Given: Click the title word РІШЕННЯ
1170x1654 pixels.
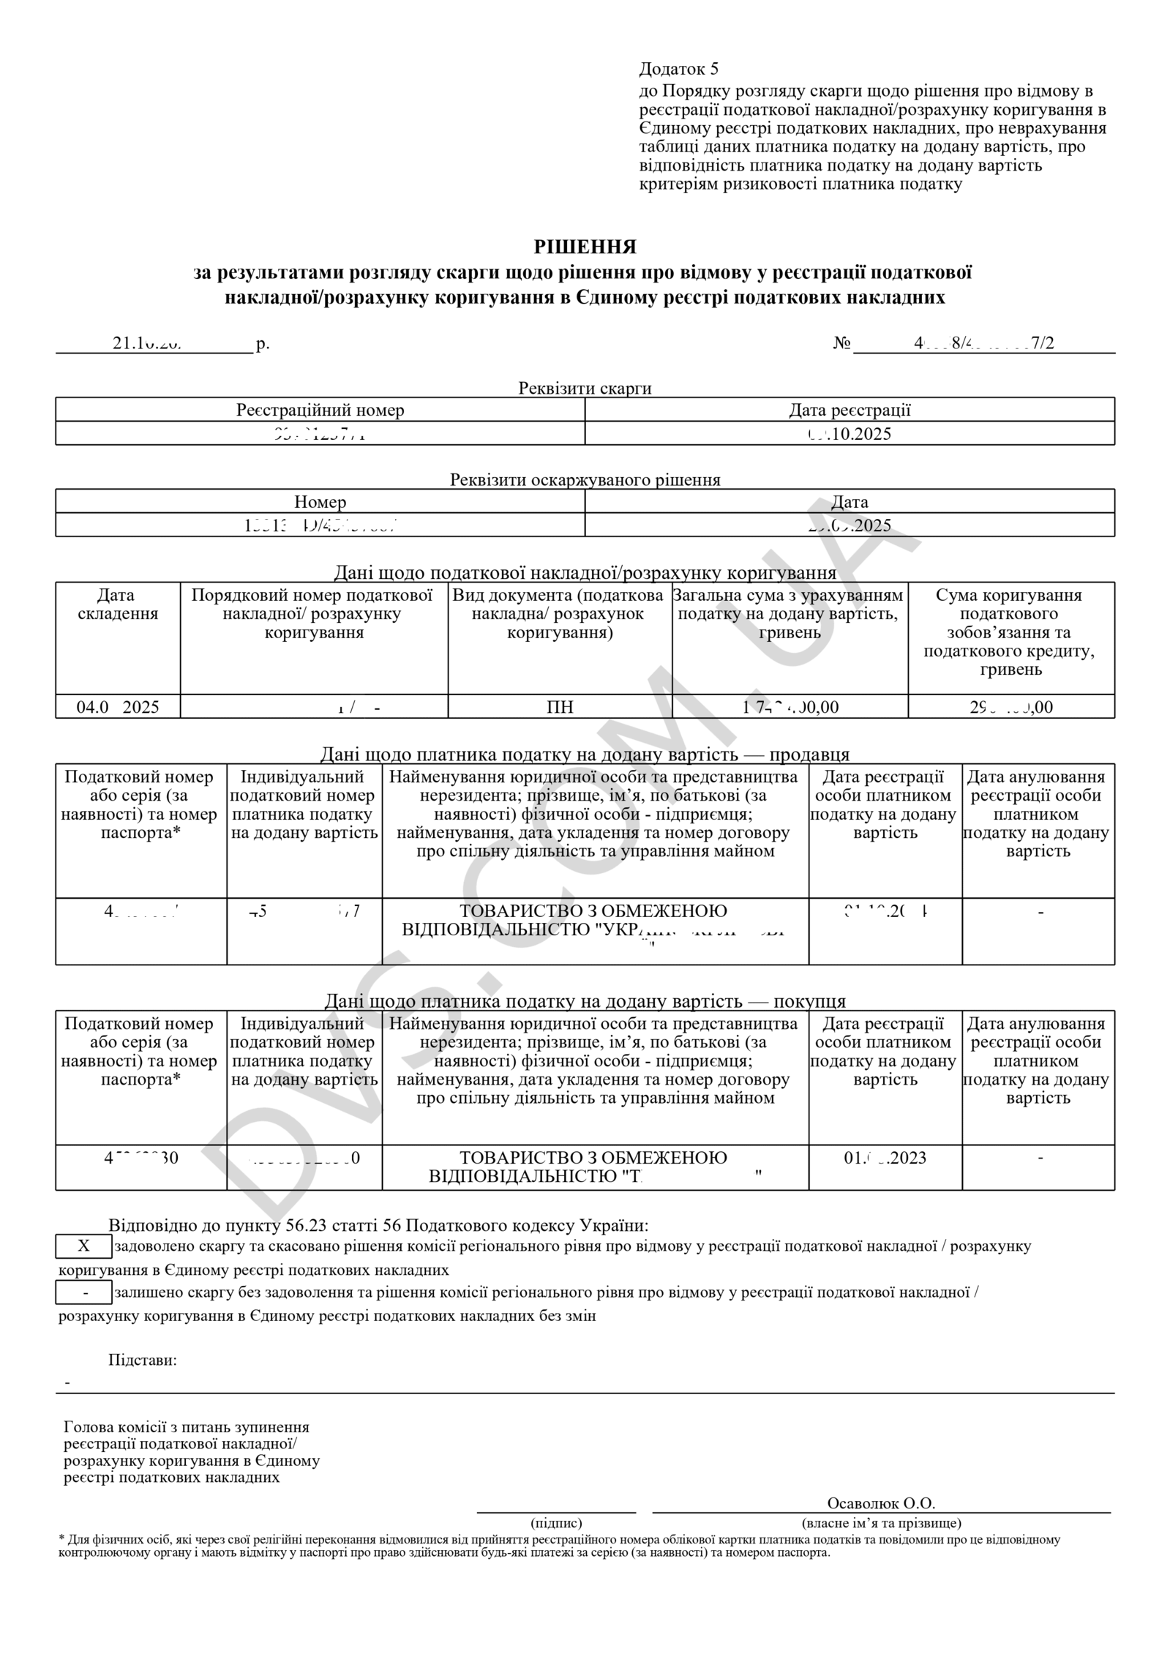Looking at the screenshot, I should click(x=585, y=247).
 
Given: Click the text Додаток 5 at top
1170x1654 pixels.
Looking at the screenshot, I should click(x=678, y=69).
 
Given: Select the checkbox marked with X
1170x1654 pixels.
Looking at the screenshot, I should click(x=84, y=1246).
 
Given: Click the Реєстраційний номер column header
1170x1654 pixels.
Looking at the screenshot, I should click(x=320, y=410).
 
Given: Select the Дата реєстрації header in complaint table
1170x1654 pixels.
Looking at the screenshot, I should click(x=850, y=410).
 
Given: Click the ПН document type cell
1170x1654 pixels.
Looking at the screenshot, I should click(x=560, y=707).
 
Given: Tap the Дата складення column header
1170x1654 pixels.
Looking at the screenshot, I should click(x=118, y=605).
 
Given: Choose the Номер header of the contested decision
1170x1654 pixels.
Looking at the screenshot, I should click(x=320, y=502).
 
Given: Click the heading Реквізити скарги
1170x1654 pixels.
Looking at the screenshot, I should click(x=585, y=388).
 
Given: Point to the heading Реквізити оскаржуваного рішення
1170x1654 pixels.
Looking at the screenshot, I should click(x=585, y=480).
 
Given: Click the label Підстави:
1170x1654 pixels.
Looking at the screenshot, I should click(x=143, y=1361).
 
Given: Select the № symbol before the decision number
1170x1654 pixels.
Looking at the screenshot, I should click(x=841, y=343).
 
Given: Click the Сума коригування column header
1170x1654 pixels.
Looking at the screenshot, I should click(x=1011, y=632).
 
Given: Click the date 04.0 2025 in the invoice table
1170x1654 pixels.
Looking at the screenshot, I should click(x=118, y=707).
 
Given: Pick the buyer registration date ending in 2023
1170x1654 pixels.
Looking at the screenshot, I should click(x=885, y=1158).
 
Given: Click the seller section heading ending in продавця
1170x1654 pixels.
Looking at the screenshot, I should click(x=585, y=755).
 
